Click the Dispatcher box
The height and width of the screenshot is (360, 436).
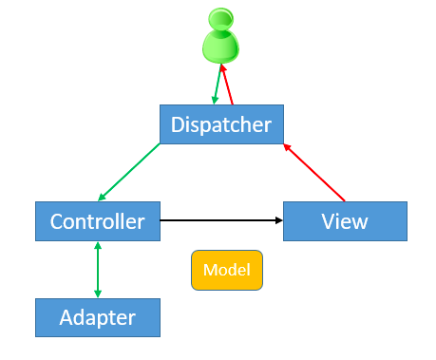tap(220, 124)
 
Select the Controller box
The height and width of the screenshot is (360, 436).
tap(97, 221)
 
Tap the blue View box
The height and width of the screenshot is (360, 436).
tap(344, 221)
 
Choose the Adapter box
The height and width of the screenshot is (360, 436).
tap(97, 316)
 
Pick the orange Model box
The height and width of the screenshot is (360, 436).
tap(226, 270)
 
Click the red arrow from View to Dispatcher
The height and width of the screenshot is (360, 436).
tap(315, 173)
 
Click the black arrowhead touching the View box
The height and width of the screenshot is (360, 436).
tap(279, 220)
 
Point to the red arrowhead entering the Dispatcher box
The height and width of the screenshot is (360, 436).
tap(288, 147)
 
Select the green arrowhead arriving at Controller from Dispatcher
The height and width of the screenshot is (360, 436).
tap(102, 198)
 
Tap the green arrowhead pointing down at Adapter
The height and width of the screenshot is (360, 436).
tap(97, 294)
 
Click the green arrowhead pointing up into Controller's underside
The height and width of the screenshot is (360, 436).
tap(97, 245)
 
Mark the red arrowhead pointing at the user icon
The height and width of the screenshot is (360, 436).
tap(223, 67)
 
